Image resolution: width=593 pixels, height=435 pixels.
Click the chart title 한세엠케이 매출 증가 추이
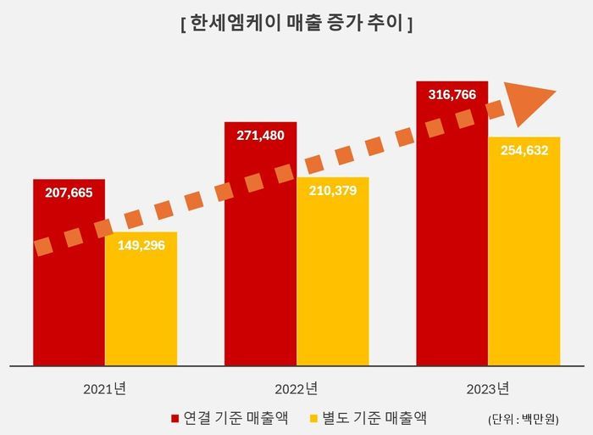pos(296,25)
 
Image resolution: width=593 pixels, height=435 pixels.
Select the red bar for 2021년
pos(69,297)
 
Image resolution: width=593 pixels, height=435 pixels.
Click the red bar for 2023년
pos(452,254)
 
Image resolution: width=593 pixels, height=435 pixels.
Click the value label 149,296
pos(141,246)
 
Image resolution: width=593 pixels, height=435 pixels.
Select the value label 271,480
pos(259,136)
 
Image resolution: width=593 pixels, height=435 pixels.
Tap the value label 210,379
pos(332,191)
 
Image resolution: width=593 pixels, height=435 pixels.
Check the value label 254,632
pos(524,151)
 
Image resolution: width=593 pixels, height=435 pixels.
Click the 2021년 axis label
pos(104,389)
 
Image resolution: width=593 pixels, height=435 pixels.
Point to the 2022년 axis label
pos(296,389)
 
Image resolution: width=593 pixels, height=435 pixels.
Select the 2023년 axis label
pos(487,389)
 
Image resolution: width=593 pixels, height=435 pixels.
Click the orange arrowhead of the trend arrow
pos(530,98)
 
